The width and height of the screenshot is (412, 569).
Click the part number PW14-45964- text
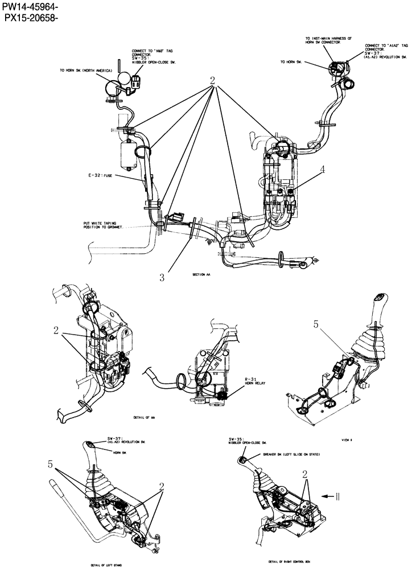point(30,7)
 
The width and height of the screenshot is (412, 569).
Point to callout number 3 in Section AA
point(162,278)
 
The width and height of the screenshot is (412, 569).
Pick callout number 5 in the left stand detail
point(51,464)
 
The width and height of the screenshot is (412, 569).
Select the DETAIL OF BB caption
point(145,417)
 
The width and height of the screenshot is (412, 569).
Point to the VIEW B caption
point(348,440)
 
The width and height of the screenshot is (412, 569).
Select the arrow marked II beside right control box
point(331,496)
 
